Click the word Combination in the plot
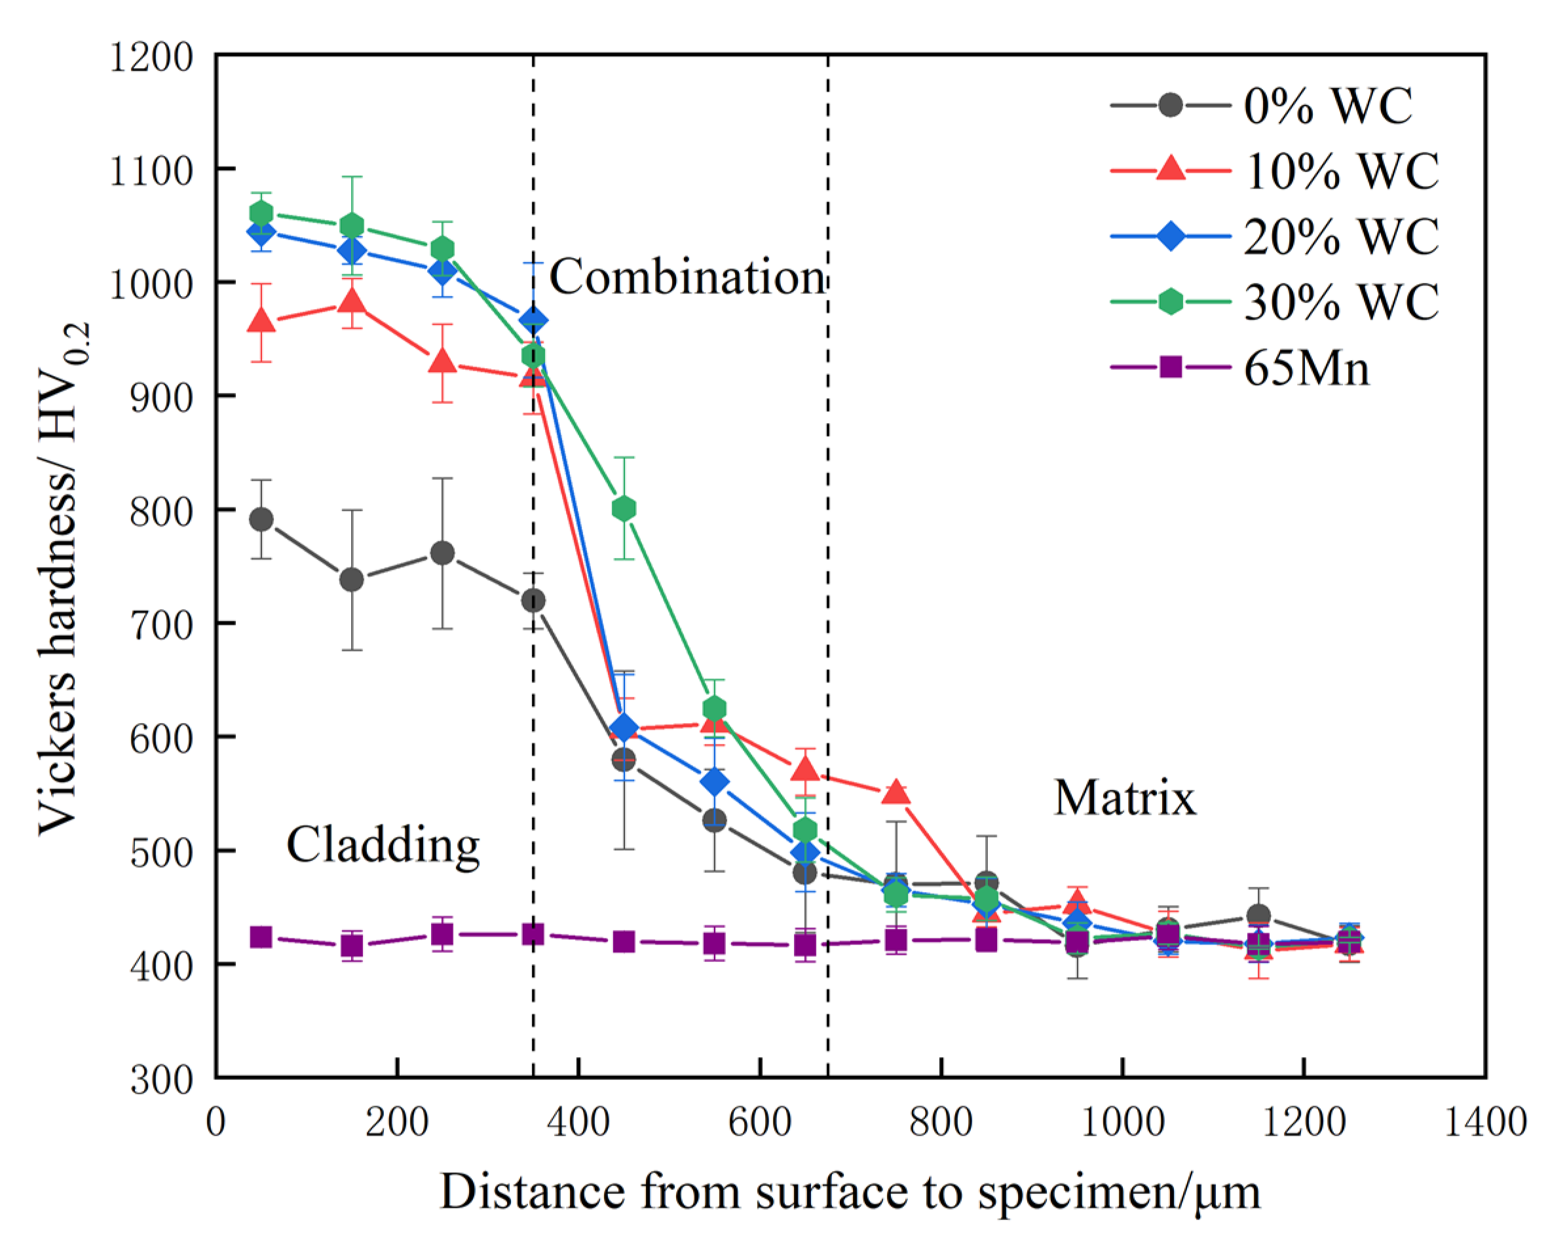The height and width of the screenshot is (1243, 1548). [687, 277]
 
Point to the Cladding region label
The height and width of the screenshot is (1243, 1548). [383, 845]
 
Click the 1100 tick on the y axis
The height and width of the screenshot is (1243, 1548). [151, 171]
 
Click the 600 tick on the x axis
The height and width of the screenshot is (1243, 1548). [760, 1122]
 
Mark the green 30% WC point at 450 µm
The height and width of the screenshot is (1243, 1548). [624, 509]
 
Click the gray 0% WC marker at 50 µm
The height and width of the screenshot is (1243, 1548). [261, 519]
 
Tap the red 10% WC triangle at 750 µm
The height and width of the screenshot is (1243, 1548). [896, 792]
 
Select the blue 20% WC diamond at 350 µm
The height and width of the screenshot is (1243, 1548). [533, 321]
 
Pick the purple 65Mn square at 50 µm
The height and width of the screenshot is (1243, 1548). [261, 937]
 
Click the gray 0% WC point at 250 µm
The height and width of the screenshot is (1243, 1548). [442, 553]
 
